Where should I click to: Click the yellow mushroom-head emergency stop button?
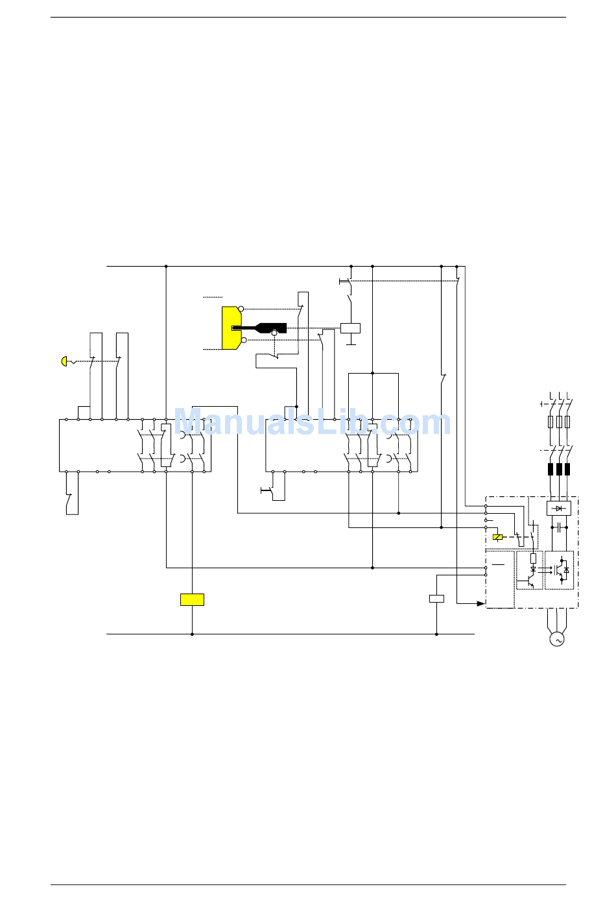64,361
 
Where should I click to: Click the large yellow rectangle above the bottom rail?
192,599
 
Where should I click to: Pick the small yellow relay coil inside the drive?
497,537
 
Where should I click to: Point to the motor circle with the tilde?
556,640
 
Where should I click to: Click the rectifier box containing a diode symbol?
558,508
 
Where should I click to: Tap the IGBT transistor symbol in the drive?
559,570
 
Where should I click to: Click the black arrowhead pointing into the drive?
480,603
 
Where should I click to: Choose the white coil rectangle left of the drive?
436,599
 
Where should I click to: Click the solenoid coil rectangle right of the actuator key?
350,328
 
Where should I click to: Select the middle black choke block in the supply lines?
559,469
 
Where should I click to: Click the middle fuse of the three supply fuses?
559,422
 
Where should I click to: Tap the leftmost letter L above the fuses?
551,396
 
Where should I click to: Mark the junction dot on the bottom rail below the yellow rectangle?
192,634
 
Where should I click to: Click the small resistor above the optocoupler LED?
533,558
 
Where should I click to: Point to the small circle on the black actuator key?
274,333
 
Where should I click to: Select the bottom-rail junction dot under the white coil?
436,634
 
